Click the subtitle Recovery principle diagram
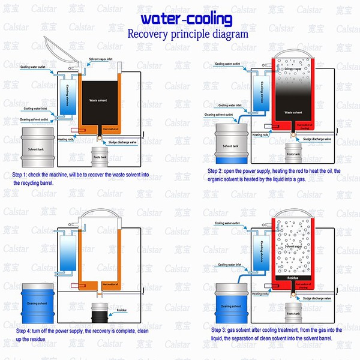pos(187,34)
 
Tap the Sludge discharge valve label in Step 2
pos(317,139)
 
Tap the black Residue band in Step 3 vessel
pos(293,279)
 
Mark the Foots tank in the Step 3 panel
pos(292,312)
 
